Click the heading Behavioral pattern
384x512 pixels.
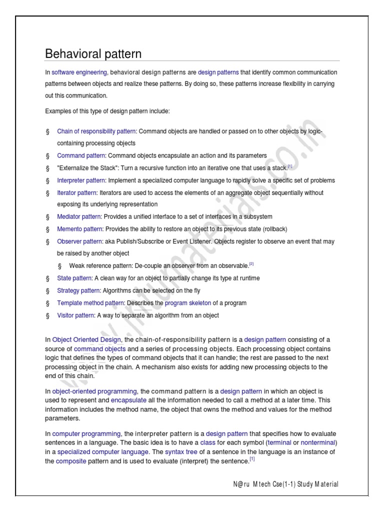tap(93, 53)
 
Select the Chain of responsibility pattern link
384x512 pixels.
tap(96, 131)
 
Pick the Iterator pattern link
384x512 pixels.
tap(77, 192)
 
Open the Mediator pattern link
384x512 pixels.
tap(79, 216)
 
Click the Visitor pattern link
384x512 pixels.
tap(75, 315)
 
